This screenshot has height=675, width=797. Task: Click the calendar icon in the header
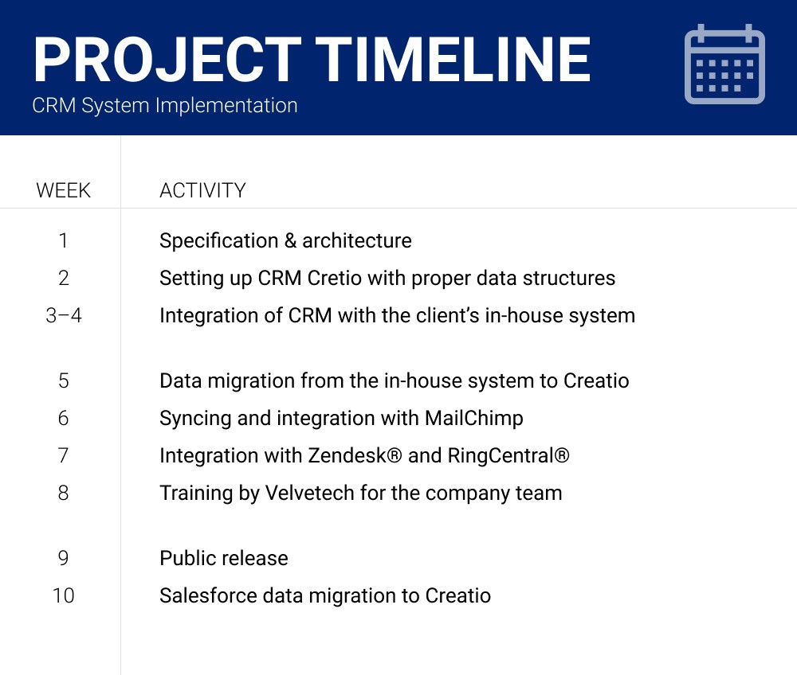(x=724, y=64)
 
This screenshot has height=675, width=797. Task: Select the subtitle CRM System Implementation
(x=165, y=105)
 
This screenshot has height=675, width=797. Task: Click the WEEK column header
(x=64, y=191)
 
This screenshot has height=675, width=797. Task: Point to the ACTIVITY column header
(x=202, y=191)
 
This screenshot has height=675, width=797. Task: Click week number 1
(x=64, y=240)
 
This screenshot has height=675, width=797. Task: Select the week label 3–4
(x=64, y=315)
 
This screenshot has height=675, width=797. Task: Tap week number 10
(x=64, y=595)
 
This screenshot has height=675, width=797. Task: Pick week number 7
(x=64, y=455)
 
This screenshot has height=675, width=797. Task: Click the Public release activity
(x=224, y=558)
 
